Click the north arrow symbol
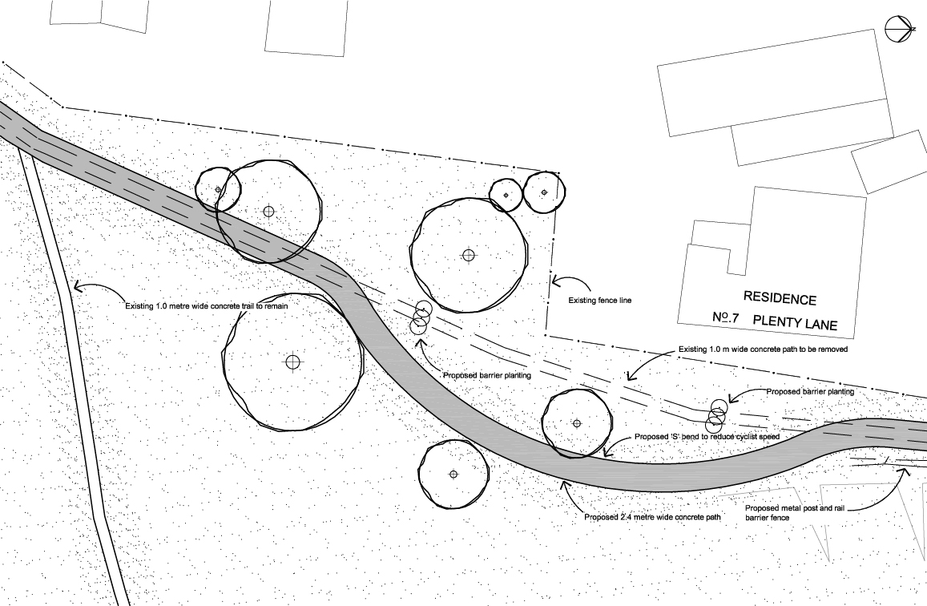(899, 30)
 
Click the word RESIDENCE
(780, 299)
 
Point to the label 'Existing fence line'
(600, 301)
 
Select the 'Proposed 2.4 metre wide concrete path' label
(653, 517)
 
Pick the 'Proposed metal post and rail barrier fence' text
(796, 513)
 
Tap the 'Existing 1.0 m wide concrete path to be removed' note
(763, 350)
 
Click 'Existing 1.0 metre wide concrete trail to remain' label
(206, 305)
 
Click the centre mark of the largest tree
(292, 362)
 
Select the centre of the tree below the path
(453, 475)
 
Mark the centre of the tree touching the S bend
(576, 423)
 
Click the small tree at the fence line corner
(544, 192)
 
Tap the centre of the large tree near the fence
(469, 255)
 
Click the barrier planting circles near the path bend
(421, 317)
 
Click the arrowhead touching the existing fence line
(554, 281)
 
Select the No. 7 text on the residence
(726, 318)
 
